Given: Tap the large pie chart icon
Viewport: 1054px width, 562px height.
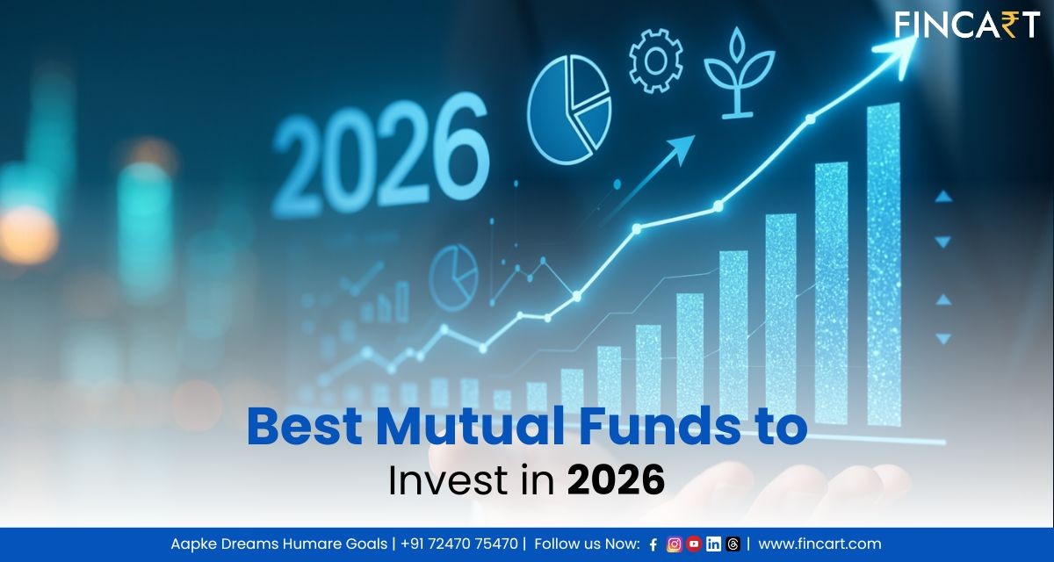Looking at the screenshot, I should tap(569, 110).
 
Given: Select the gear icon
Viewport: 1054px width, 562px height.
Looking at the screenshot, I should tap(656, 62).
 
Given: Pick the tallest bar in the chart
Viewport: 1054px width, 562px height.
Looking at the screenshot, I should tap(884, 263).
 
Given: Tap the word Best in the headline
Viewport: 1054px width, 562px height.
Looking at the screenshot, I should tap(303, 427).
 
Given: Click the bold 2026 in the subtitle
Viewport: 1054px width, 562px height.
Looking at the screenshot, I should tap(616, 480).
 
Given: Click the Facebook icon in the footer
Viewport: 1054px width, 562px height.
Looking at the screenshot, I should tap(653, 544).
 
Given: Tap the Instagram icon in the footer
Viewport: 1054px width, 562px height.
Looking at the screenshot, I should tap(675, 544).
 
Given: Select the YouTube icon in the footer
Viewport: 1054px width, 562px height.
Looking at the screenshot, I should tap(694, 544).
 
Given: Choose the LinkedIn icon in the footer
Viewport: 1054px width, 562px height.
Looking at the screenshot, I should tap(713, 544).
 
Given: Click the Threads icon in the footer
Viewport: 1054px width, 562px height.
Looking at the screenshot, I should tap(733, 544).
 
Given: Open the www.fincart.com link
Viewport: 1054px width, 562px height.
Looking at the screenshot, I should tap(819, 544).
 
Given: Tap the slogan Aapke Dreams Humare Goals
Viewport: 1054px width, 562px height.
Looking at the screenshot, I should tap(278, 544).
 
